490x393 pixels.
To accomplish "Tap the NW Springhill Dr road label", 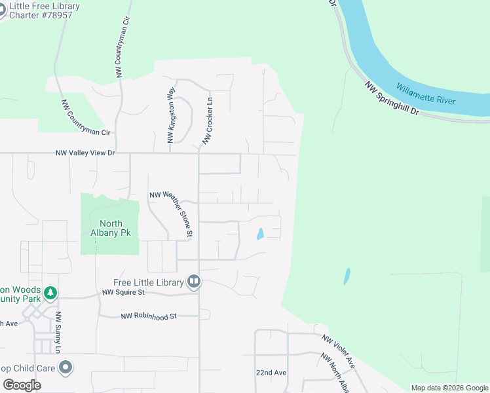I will [392, 99].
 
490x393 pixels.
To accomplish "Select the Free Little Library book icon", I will [194, 282].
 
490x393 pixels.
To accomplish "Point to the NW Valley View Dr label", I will [85, 153].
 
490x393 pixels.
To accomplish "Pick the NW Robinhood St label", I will [149, 316].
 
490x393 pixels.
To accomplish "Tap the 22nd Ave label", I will [271, 373].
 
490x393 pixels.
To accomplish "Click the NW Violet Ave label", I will [338, 350].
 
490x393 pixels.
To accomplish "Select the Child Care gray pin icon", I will [65, 368].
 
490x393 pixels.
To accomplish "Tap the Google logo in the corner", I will [22, 385].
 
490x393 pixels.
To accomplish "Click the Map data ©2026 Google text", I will [449, 388].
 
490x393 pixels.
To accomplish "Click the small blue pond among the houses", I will [260, 234].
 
